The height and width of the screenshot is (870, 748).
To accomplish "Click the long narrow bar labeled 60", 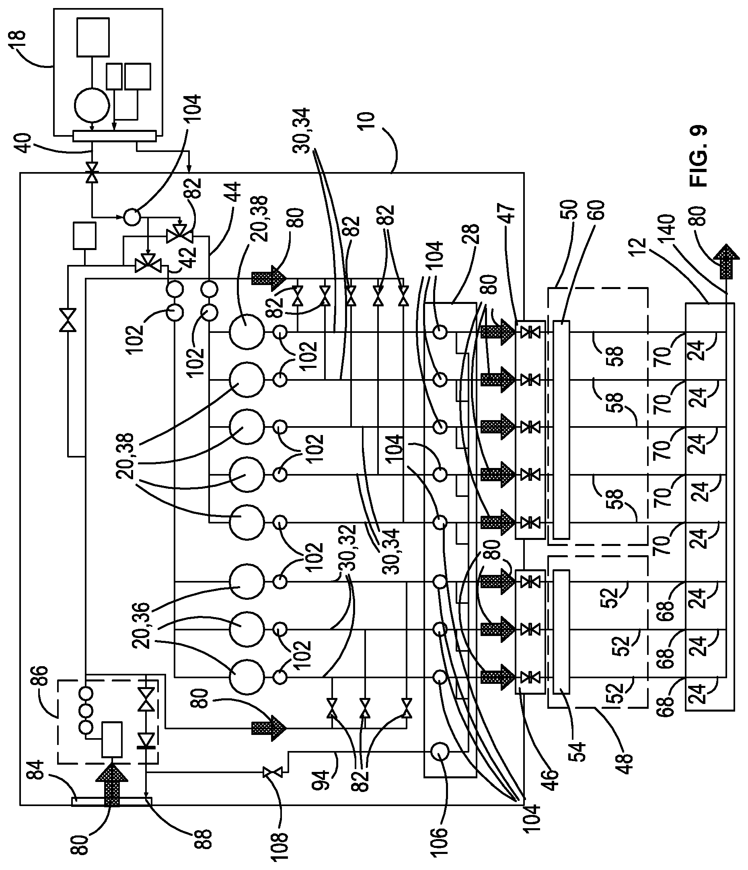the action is pos(561,429).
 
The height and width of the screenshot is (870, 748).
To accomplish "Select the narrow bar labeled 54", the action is pos(561,632).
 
